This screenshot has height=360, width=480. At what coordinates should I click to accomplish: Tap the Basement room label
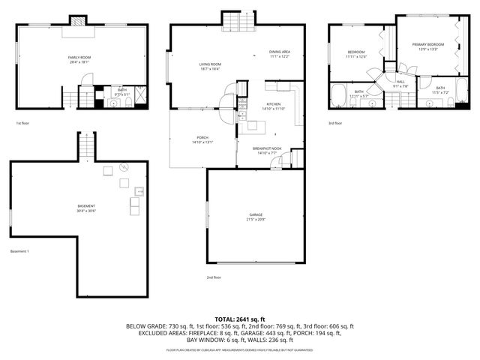[x=86, y=205]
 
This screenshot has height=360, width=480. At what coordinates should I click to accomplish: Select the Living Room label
[x=210, y=64]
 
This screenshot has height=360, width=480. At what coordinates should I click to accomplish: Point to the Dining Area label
[x=280, y=52]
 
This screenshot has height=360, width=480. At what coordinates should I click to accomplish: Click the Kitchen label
[x=273, y=104]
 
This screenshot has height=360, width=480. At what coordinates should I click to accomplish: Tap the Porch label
[x=202, y=137]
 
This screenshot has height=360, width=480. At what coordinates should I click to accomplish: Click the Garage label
[x=256, y=214]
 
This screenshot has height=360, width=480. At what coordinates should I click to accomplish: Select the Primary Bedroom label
[x=428, y=45]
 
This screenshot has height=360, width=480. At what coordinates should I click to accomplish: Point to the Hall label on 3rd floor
[x=400, y=81]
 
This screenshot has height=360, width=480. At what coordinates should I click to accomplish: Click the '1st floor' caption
[x=22, y=123]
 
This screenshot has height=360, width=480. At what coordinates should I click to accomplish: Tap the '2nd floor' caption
[x=214, y=277]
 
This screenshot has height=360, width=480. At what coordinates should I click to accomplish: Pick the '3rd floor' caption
[x=335, y=123]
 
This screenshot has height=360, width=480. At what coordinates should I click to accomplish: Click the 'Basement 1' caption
[x=19, y=251]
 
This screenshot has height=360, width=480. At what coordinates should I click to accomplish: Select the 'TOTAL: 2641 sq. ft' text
[x=240, y=319]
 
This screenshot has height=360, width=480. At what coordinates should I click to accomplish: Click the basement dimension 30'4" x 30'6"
[x=86, y=211]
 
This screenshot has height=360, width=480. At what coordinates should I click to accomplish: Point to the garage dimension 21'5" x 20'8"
[x=256, y=220]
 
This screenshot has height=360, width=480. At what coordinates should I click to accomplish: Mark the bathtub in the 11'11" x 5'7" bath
[x=338, y=95]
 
